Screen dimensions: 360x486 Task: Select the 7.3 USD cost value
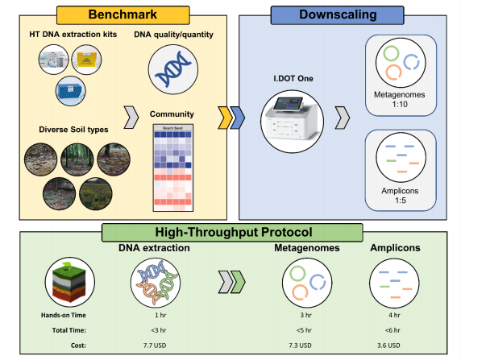click(x=299, y=345)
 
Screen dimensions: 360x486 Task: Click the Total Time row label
click(x=68, y=330)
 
